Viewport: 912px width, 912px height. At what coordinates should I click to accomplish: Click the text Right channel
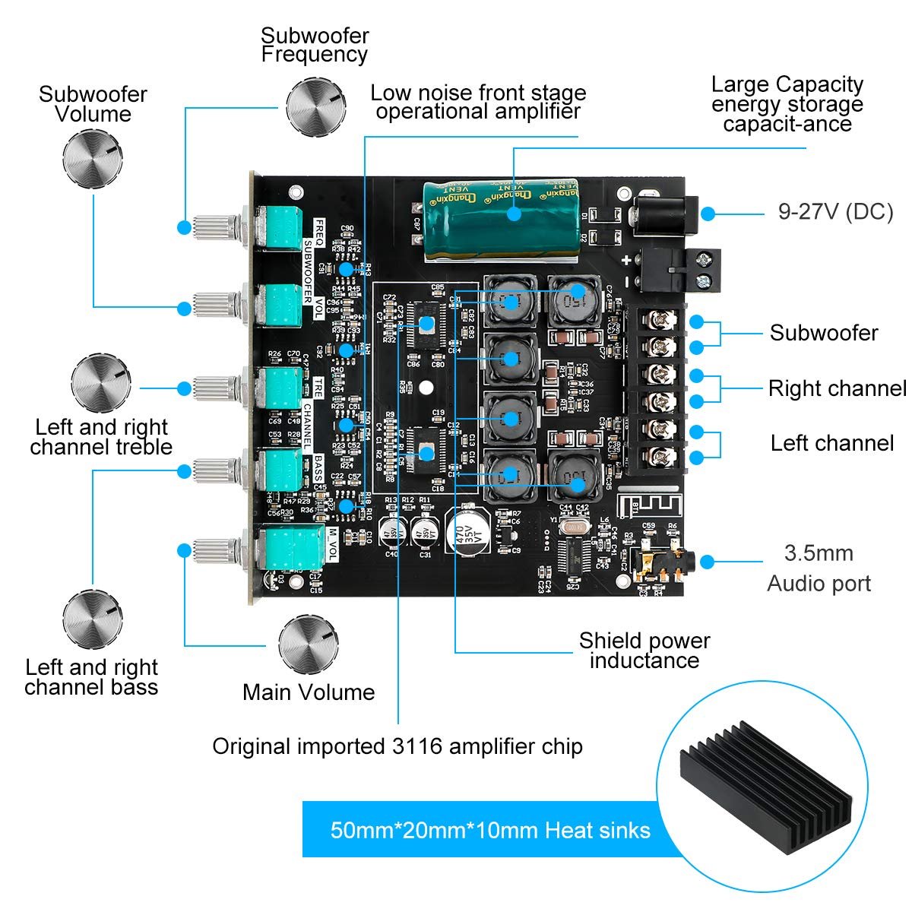click(x=836, y=388)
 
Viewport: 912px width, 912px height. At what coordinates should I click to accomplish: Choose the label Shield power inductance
click(x=644, y=651)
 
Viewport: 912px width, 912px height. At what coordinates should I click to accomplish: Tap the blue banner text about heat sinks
click(x=490, y=830)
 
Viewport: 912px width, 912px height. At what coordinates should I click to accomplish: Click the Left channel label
click(x=831, y=443)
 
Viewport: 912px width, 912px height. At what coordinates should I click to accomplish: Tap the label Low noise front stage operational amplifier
click(x=478, y=103)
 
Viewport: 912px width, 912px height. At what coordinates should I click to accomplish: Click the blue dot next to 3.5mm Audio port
click(x=708, y=562)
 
